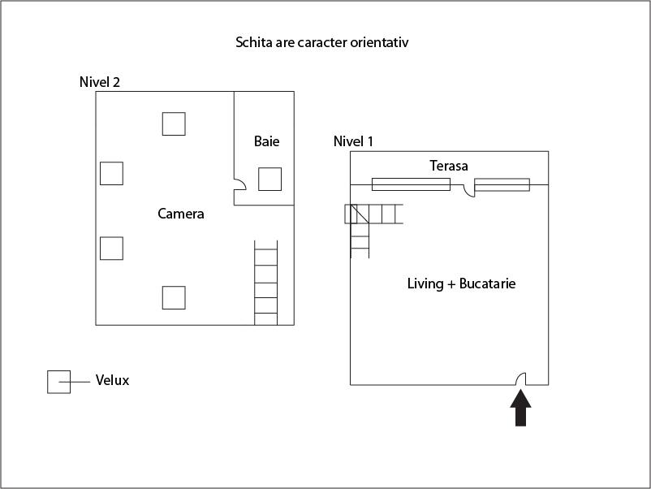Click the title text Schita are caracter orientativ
coord(321,42)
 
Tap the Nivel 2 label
coord(100,82)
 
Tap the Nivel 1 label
coord(353,141)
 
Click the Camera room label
coord(180,214)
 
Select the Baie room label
coord(266,141)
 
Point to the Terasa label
coord(449,166)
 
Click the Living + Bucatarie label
coord(461,283)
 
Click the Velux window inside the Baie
coord(269,179)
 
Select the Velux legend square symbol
coord(58,382)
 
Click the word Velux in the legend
coord(112,380)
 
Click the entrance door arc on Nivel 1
coord(520,379)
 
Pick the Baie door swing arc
coord(240,184)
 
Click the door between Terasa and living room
coord(468,191)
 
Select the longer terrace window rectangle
coord(411,184)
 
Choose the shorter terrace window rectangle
coord(502,185)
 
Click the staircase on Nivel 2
coord(265,283)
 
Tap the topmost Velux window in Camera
coord(174,123)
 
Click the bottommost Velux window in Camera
coord(174,298)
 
